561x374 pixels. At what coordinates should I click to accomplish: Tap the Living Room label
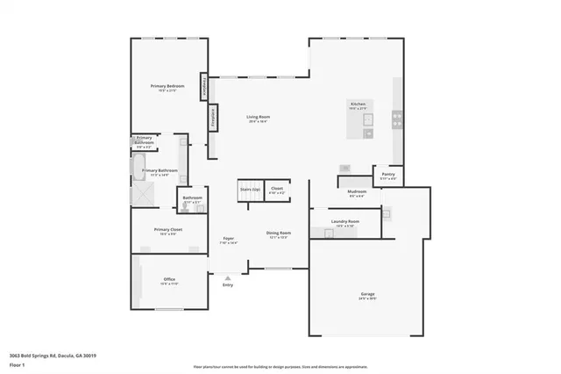click(257, 117)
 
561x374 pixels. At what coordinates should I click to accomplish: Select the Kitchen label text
click(358, 104)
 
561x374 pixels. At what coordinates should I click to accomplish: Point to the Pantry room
click(387, 175)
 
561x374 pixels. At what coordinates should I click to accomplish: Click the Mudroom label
click(357, 191)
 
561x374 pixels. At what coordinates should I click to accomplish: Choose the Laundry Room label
click(345, 222)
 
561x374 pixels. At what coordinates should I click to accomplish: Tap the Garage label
click(367, 294)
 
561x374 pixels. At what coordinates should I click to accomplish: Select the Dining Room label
click(277, 234)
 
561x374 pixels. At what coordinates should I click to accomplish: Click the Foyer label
click(228, 239)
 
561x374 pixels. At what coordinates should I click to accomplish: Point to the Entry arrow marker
click(228, 277)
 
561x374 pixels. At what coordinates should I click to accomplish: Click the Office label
click(169, 280)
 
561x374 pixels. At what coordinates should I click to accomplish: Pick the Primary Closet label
click(168, 231)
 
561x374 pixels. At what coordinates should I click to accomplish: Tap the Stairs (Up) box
click(250, 190)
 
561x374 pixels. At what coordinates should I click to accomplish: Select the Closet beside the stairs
click(277, 190)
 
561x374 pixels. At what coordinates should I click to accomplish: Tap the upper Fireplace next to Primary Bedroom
click(203, 87)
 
